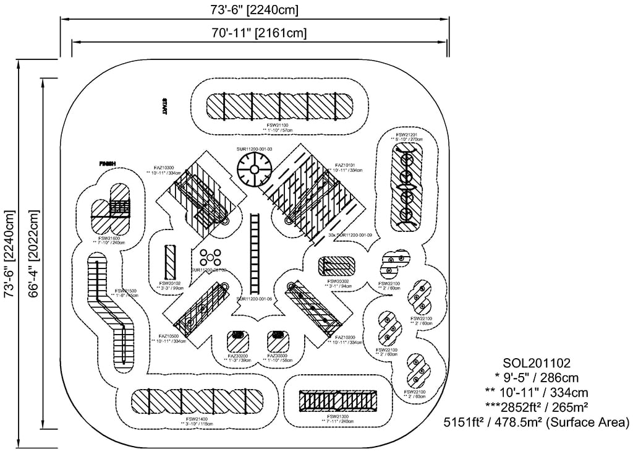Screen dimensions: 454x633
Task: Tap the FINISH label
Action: (108, 164)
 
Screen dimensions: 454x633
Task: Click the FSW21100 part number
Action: (278, 125)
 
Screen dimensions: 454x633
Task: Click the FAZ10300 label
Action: (164, 167)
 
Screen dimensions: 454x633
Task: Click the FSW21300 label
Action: (334, 417)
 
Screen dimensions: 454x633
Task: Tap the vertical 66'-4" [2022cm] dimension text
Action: (35, 254)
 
